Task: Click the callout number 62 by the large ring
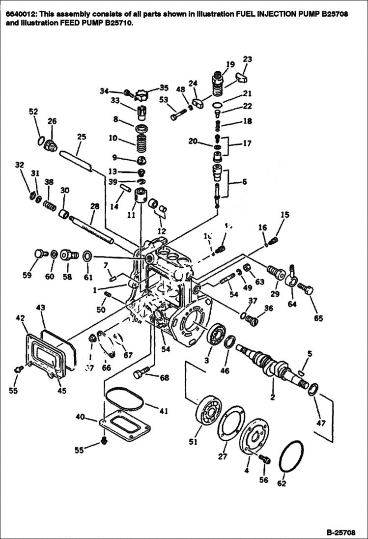pos(281,483)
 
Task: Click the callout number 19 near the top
pos(230,64)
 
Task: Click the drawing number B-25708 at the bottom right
pos(340,532)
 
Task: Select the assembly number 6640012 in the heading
pos(19,14)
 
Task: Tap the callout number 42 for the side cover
pos(20,318)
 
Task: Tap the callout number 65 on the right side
pos(318,318)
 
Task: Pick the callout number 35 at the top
pos(164,88)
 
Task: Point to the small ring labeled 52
pos(40,141)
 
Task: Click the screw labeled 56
pos(264,459)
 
